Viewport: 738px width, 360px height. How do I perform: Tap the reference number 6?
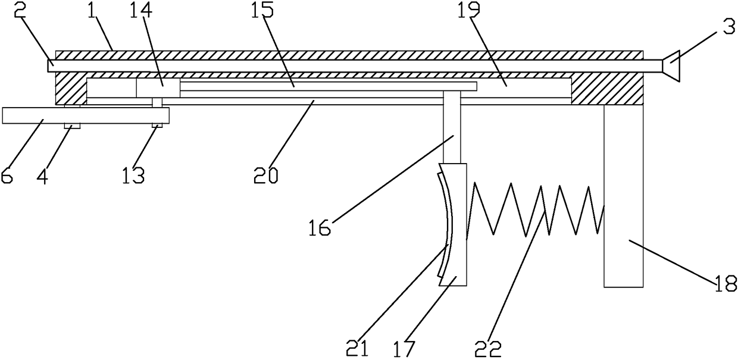pyautogui.click(x=8, y=177)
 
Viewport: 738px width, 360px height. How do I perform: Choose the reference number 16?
pyautogui.click(x=320, y=228)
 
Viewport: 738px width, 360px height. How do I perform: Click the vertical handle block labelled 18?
pyautogui.click(x=623, y=196)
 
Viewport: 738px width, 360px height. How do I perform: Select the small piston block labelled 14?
pyautogui.click(x=158, y=88)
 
